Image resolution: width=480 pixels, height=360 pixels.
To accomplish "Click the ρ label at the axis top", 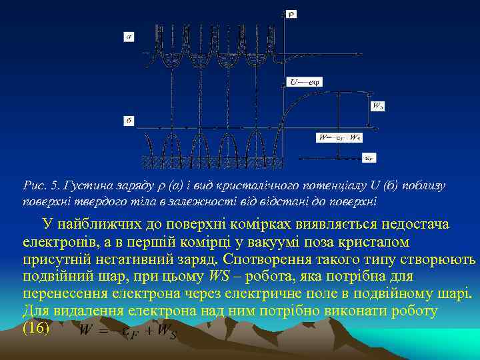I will [291, 13].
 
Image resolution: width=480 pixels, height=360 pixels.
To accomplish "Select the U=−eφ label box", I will [305, 82].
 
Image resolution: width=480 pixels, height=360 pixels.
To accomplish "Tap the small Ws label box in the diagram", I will [378, 105].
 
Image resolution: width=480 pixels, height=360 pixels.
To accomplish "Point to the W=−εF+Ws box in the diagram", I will [339, 137].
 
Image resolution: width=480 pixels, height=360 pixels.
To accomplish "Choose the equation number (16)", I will [37, 328].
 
